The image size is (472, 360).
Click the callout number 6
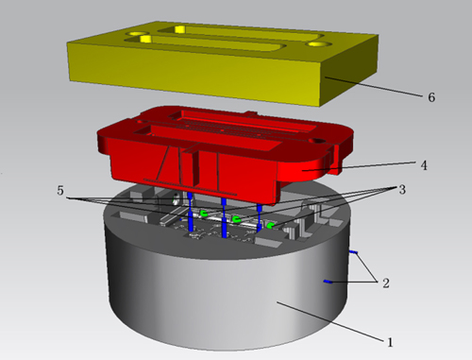pyautogui.click(x=431, y=97)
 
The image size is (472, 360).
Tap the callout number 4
pyautogui.click(x=424, y=165)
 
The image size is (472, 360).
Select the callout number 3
pyautogui.click(x=402, y=190)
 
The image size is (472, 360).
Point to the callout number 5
pyautogui.click(x=60, y=190)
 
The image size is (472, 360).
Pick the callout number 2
pyautogui.click(x=386, y=283)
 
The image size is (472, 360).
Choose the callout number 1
pyautogui.click(x=390, y=342)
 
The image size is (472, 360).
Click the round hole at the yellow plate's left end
pyautogui.click(x=136, y=33)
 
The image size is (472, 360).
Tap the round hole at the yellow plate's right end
pyautogui.click(x=318, y=44)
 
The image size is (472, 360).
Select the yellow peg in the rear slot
pyautogui.click(x=179, y=29)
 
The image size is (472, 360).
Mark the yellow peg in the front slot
pyautogui.click(x=145, y=39)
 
